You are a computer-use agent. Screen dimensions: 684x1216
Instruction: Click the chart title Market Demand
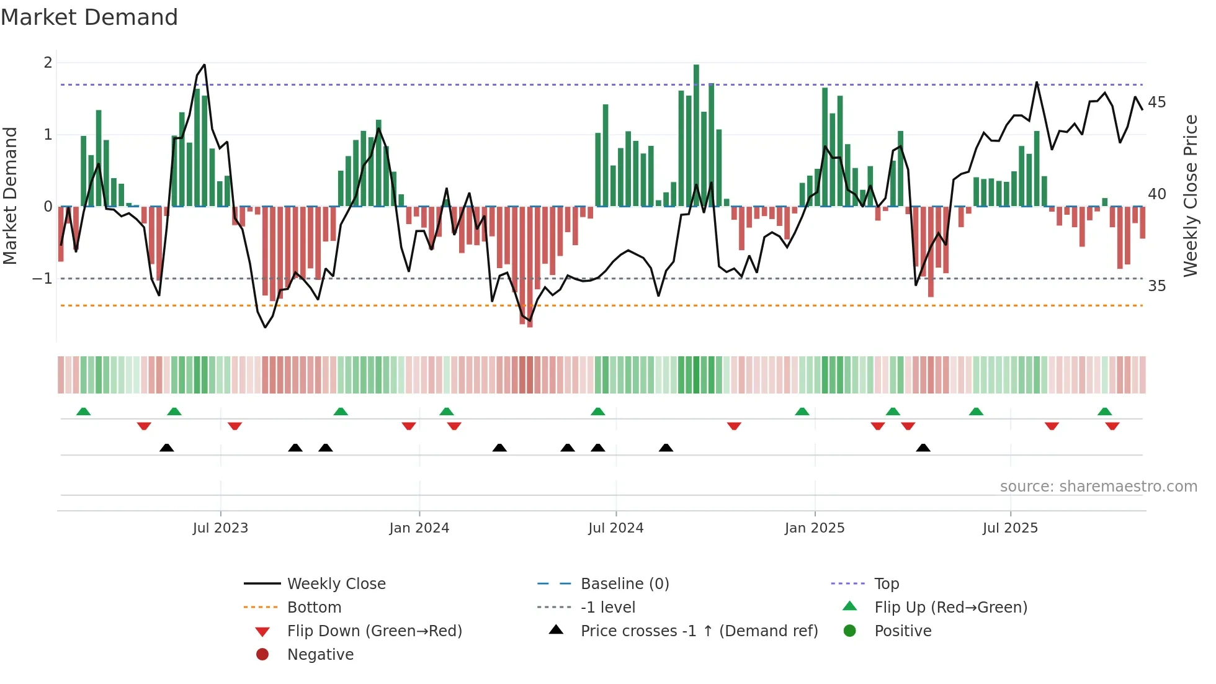89,17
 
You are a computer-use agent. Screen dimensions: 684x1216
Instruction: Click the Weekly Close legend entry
336,584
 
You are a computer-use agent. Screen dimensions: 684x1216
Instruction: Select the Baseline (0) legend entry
624,584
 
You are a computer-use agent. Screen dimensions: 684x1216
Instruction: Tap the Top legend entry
886,584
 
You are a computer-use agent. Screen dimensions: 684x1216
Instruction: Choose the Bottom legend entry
314,608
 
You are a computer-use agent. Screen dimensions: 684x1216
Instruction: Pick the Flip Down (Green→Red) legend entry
374,631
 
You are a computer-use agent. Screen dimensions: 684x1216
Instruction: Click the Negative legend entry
320,655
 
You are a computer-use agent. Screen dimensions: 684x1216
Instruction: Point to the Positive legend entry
903,631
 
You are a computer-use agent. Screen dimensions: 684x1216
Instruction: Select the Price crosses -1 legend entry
699,631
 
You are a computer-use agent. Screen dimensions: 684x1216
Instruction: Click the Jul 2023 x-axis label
220,528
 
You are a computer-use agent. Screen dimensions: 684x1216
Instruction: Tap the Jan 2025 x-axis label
814,528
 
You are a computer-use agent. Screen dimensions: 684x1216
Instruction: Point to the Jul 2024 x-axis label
615,528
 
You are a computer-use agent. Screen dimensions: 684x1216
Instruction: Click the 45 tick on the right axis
1156,102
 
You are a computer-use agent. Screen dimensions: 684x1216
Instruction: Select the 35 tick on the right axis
1156,286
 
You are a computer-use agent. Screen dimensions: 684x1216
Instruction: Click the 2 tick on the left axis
48,63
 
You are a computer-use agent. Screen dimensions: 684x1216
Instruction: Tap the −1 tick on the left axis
43,279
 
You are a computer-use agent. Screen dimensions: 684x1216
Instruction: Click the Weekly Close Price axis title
1190,196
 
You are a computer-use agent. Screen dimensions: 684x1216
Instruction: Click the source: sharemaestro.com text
1098,487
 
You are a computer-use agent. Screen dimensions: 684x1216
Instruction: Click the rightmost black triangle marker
923,448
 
